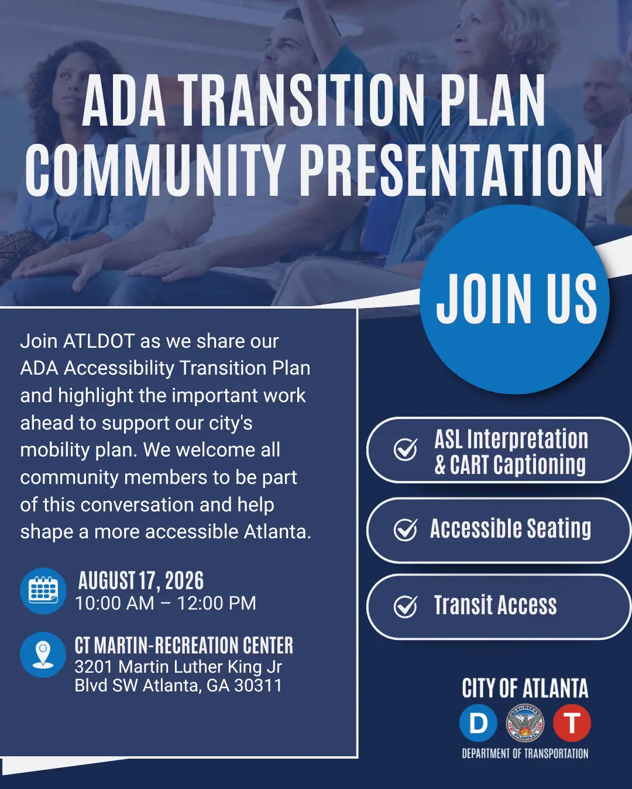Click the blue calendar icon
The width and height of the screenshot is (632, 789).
(x=43, y=591)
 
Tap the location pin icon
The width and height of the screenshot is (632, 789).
(x=43, y=655)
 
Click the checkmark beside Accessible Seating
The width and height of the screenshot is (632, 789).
(x=406, y=530)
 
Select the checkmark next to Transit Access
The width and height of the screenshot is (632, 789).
(x=406, y=607)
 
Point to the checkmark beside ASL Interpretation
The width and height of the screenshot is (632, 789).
(x=406, y=449)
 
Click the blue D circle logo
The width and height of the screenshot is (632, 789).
(x=478, y=723)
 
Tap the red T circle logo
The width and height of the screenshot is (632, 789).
(x=572, y=723)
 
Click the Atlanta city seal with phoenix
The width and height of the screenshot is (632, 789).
(x=525, y=723)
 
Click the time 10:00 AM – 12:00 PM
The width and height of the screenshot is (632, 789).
(x=166, y=604)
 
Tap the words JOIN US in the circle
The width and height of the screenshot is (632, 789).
(x=516, y=299)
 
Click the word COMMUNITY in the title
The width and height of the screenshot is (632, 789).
(x=155, y=169)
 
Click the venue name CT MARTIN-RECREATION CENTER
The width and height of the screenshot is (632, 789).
(x=184, y=646)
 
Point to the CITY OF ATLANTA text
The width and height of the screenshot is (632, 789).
(x=525, y=688)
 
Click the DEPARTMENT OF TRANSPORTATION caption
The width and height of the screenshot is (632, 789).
(x=525, y=753)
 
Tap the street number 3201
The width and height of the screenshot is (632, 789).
(x=93, y=667)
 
